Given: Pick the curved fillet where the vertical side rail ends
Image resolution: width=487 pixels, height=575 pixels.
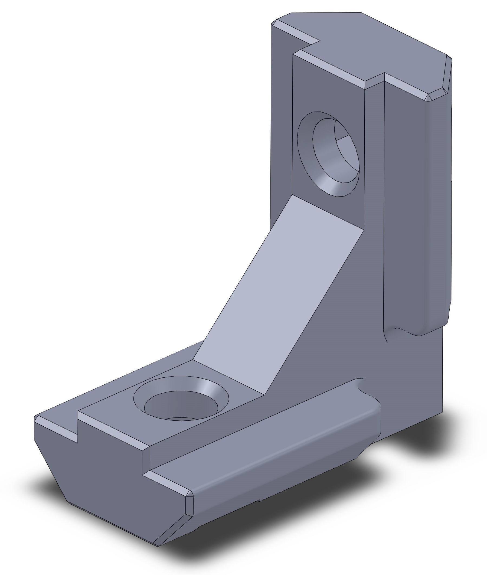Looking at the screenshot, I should [403, 331].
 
